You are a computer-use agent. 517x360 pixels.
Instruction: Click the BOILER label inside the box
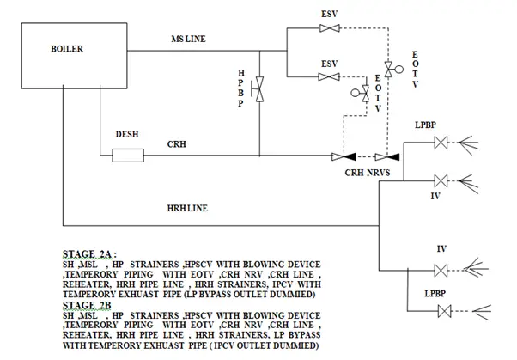click(67, 49)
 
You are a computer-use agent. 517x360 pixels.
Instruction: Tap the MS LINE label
click(188, 39)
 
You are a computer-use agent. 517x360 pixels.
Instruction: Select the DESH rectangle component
click(128, 156)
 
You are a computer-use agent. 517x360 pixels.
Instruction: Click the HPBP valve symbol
click(258, 89)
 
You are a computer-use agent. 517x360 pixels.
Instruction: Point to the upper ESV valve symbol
click(330, 28)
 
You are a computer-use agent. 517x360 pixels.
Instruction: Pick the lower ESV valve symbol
click(329, 76)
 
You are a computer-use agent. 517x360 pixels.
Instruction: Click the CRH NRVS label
click(368, 173)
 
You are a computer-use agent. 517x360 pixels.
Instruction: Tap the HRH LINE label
click(187, 208)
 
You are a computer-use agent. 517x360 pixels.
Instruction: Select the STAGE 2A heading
click(89, 254)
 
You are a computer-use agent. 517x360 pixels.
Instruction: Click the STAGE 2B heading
click(87, 306)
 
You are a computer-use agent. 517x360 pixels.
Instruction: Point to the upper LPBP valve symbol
click(441, 143)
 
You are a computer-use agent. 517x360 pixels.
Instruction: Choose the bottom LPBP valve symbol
click(445, 311)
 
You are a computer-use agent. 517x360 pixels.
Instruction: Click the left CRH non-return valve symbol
click(344, 156)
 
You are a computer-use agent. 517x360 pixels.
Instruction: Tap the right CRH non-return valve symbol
click(387, 156)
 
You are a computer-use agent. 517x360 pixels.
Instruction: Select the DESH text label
click(127, 134)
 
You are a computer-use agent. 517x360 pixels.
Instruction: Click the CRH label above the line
click(176, 144)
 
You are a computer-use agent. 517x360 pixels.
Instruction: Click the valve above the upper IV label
click(441, 180)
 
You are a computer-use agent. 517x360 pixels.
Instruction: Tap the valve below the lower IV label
click(441, 271)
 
